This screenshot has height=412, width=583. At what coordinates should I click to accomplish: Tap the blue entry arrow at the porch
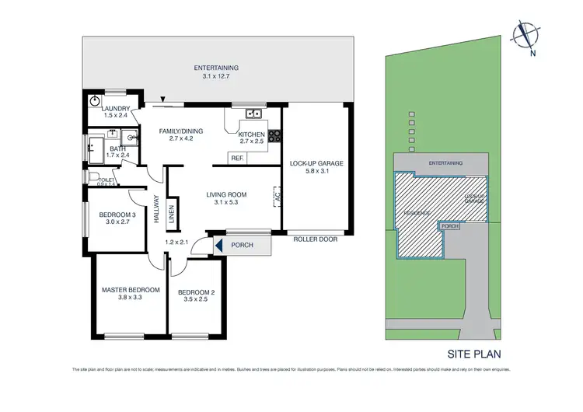click(218, 246)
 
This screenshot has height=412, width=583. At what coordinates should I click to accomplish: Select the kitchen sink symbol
click(253, 114)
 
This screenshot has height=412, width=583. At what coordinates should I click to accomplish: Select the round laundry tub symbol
click(95, 100)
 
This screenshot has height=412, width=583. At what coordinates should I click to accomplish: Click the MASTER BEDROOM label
click(131, 290)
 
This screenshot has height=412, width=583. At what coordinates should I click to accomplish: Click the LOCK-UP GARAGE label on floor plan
click(316, 163)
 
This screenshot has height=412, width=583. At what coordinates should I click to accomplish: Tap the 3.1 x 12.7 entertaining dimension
click(216, 77)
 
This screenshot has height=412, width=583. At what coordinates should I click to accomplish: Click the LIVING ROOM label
click(226, 195)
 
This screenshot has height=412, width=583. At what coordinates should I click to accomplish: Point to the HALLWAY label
click(157, 209)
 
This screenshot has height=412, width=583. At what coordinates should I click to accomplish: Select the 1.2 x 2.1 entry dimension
click(177, 243)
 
